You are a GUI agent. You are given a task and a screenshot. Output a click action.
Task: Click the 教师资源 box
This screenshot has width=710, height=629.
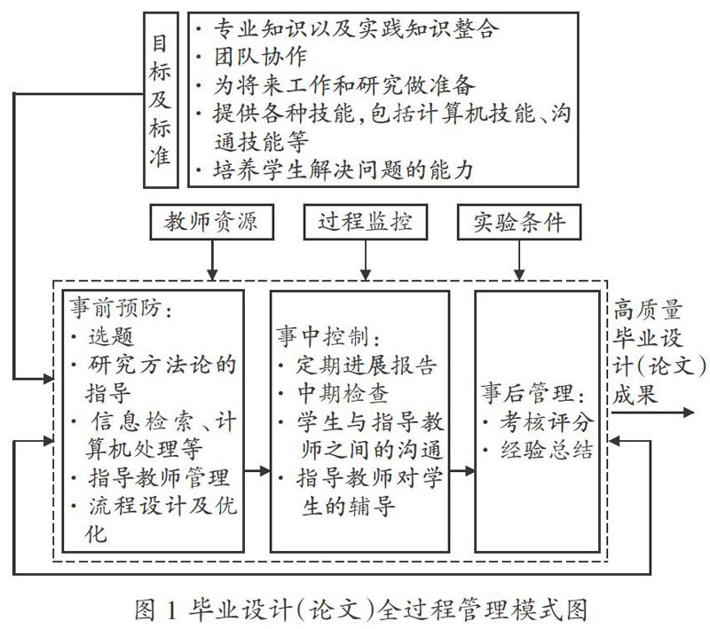pyautogui.click(x=211, y=222)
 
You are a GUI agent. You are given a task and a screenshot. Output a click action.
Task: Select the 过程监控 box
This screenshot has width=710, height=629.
pyautogui.click(x=364, y=222)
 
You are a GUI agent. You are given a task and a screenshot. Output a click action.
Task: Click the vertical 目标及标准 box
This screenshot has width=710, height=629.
pyautogui.click(x=161, y=98)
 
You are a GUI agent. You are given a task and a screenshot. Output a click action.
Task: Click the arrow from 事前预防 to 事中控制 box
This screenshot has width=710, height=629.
pyautogui.click(x=256, y=471)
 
